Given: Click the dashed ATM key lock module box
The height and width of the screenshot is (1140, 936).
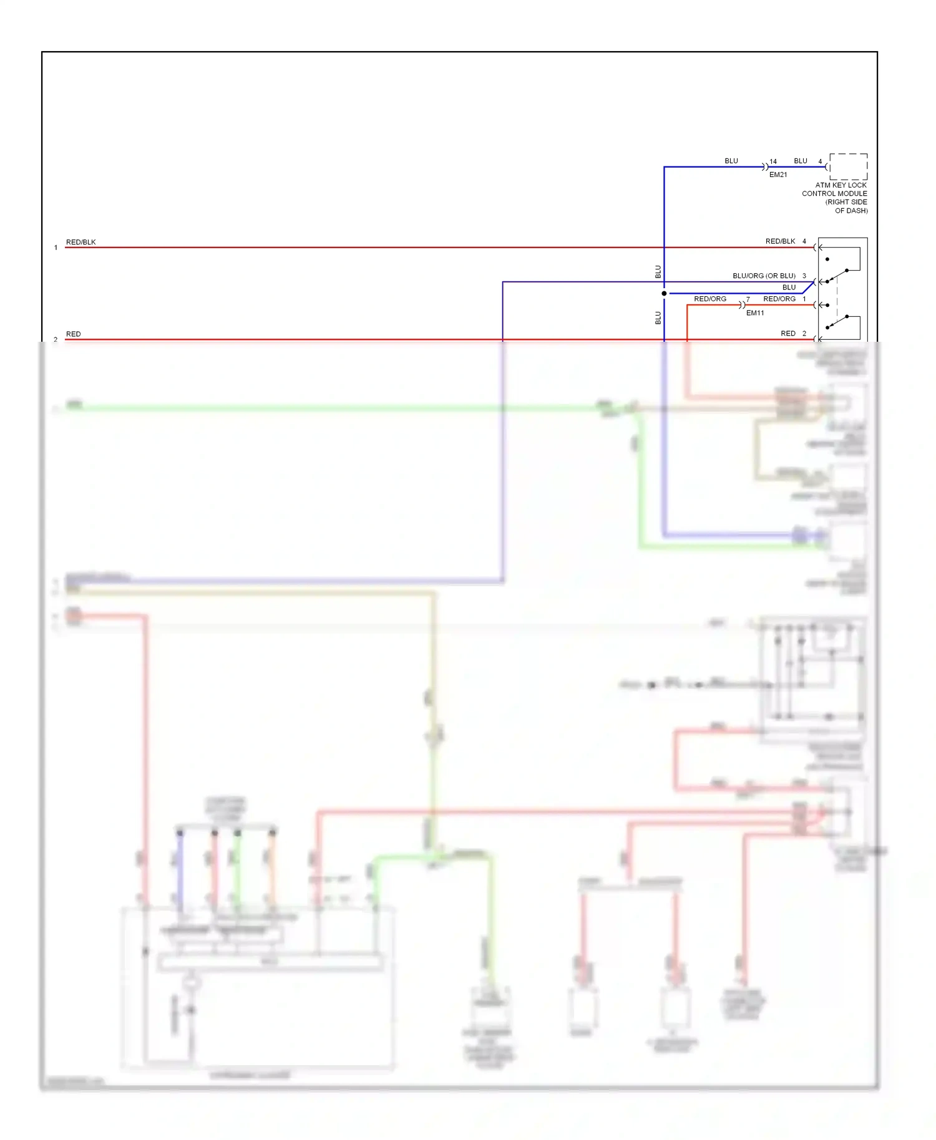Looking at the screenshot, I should coord(848,167).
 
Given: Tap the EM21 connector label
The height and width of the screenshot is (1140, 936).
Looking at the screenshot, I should coord(778,175).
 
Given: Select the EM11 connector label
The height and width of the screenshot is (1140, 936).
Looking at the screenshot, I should coord(754,313).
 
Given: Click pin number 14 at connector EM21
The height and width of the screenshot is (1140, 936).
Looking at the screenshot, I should coord(773,162).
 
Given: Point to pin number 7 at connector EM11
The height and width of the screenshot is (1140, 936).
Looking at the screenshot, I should coord(748,299).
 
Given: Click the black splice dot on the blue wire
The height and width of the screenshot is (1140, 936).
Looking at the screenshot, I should coord(664,293).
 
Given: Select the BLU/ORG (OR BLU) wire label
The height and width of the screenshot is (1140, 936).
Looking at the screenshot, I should coord(763,276).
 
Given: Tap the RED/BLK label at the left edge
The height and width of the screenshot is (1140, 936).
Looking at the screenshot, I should coord(80,242).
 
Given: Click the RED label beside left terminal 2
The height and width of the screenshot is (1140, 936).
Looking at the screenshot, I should coord(73,334).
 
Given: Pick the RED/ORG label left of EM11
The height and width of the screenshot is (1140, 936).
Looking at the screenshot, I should coord(709,299).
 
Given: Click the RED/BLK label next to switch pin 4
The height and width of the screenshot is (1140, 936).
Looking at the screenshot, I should coord(779,241).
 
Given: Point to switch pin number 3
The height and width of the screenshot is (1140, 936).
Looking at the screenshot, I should coord(804,276).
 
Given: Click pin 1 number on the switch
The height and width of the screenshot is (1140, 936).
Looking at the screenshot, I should coord(804,299).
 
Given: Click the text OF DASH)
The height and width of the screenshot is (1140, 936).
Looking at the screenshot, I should coord(851,211).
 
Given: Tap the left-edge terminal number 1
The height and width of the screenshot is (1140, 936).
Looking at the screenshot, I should coord(56,248).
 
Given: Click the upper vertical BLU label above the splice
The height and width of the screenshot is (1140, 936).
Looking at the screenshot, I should coord(658,272).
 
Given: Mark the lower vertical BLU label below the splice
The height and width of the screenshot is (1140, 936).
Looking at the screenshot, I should coord(658,317).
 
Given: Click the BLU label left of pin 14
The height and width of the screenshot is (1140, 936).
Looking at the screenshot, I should coord(731,161).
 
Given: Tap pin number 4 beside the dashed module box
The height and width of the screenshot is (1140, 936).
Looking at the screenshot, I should coord(820,162).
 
